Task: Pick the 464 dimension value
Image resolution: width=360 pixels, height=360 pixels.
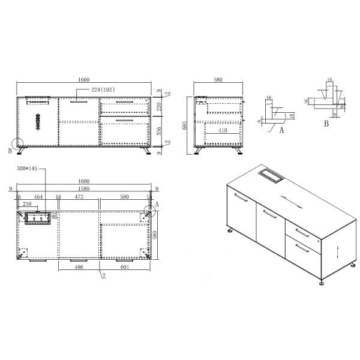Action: pyautogui.click(x=38, y=196)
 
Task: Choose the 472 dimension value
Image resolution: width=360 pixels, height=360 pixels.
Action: pyautogui.click(x=79, y=196)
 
